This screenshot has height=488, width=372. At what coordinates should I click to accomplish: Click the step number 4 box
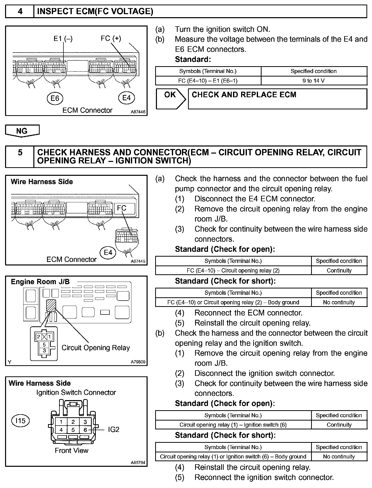20,12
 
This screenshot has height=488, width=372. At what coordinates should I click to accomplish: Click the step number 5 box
20,157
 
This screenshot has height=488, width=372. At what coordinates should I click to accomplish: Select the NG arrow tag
22,131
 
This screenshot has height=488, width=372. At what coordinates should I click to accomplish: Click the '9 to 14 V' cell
314,81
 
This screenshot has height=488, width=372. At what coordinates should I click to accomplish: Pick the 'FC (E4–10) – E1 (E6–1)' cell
208,81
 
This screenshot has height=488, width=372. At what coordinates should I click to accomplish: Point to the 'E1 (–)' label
63,39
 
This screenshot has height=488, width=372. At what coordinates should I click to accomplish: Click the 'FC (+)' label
111,38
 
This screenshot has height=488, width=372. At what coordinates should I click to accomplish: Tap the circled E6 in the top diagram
55,98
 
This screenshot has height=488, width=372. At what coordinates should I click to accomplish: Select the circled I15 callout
20,421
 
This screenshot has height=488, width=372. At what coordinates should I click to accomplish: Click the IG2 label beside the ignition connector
113,429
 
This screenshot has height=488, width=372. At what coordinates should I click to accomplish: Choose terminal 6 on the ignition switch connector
85,430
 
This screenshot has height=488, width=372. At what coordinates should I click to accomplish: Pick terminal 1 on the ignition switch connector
61,422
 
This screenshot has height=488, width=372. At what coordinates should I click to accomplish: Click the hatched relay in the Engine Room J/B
51,306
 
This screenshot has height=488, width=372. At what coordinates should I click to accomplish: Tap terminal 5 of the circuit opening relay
44,345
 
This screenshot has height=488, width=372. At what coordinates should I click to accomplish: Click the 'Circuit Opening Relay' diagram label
96,348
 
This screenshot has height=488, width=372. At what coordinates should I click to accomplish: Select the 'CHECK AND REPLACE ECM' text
244,95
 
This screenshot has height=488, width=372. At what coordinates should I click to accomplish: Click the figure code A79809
138,362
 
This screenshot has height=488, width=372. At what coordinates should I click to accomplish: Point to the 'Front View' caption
72,450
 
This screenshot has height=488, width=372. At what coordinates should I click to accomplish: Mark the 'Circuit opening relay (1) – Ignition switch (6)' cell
233,425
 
